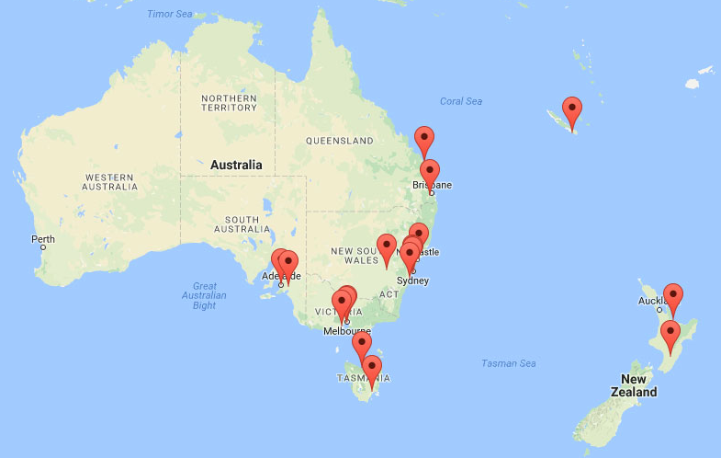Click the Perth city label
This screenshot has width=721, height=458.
click(42, 239)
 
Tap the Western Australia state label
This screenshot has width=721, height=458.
click(110, 181)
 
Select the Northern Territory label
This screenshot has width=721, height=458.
click(229, 102)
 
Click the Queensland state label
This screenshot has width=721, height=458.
click(340, 141)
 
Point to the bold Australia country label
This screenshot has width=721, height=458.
click(236, 166)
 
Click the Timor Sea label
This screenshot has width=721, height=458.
click(172, 14)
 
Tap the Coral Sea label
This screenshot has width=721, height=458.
click(461, 101)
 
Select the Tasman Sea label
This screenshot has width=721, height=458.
click(508, 363)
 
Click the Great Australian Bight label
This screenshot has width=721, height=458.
click(204, 295)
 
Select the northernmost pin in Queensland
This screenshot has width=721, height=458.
click(423, 142)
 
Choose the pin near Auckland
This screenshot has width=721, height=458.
click(673, 299)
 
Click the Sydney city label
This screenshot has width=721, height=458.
click(412, 281)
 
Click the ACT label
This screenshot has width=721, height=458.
click(389, 294)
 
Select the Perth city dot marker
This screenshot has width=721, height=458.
click(41, 248)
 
